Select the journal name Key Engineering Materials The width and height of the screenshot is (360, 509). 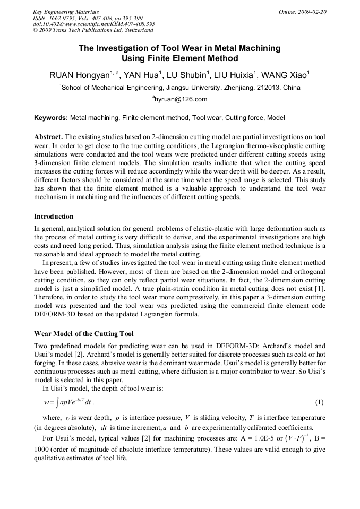pos(65,12)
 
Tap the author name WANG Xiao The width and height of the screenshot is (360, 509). pos(284,75)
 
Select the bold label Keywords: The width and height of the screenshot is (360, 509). pos(51,117)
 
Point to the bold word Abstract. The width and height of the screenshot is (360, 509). pos(48,136)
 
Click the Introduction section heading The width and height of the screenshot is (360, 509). pos(54,217)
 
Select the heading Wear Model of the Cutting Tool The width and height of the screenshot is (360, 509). pos(84,334)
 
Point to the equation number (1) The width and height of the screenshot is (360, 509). pos(320,402)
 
